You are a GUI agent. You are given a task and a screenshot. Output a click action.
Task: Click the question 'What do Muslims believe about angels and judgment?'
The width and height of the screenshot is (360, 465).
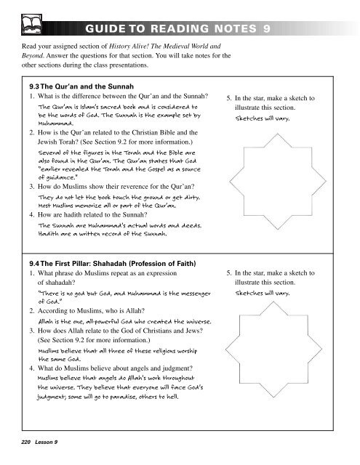tap(125, 368)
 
